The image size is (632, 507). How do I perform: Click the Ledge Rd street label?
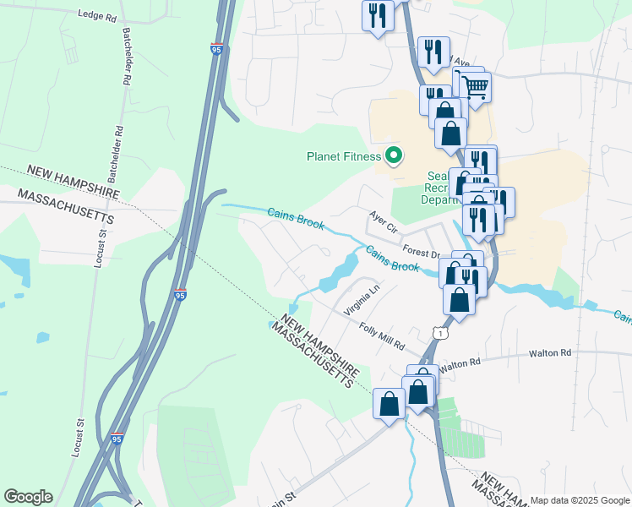[95, 14]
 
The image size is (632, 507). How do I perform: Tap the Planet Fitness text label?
[343, 155]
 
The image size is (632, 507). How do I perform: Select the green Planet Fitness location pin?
[393, 155]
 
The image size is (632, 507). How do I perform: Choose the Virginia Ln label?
[362, 300]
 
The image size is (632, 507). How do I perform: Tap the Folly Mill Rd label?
[381, 337]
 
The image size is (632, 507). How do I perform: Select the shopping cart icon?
[476, 84]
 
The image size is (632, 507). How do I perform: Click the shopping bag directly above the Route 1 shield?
[459, 299]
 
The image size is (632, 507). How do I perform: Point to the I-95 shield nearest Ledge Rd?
[217, 50]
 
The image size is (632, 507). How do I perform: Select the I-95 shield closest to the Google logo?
[117, 439]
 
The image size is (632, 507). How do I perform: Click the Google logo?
[28, 497]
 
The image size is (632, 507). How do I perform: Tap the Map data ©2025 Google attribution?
[580, 500]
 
